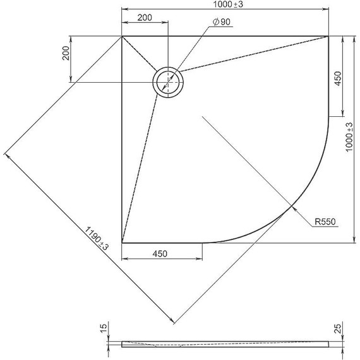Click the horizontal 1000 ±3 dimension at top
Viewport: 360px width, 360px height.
pyautogui.click(x=224, y=4)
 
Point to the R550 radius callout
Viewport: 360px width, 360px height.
pyautogui.click(x=326, y=222)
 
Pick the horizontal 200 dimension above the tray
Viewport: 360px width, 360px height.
pyautogui.click(x=144, y=18)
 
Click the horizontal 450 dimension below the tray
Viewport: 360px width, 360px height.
pyautogui.click(x=160, y=253)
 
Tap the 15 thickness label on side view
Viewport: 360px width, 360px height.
pyautogui.click(x=104, y=328)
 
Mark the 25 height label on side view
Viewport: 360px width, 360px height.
pyautogui.click(x=339, y=328)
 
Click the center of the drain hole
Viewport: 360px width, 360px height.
pyautogui.click(x=168, y=82)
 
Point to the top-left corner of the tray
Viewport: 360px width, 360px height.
pyautogui.click(x=122, y=37)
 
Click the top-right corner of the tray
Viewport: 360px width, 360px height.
pyautogui.click(x=328, y=37)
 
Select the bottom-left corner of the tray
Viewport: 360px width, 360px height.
pyautogui.click(x=122, y=243)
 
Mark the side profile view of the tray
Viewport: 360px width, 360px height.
pyautogui.click(x=224, y=344)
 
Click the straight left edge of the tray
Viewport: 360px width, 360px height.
pyautogui.click(x=122, y=139)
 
